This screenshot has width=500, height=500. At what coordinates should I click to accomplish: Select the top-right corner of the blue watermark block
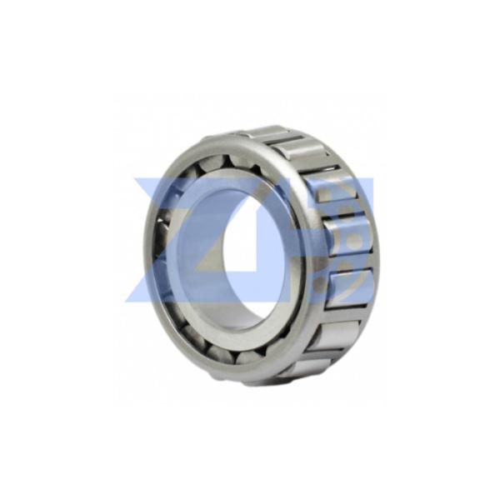374,177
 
